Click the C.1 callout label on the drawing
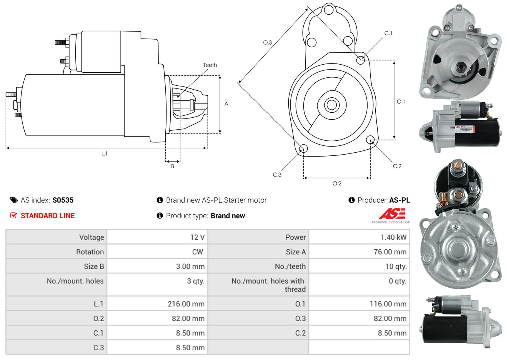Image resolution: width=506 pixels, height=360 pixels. [388, 33]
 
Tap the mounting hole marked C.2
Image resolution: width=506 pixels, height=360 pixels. [370, 139]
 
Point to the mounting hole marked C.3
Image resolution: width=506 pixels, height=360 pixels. [303, 148]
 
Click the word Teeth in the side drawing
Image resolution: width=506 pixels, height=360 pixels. [210, 65]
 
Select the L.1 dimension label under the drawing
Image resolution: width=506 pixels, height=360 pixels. [104, 153]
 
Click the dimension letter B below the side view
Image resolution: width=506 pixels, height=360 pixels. [173, 166]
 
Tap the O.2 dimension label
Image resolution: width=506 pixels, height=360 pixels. [337, 183]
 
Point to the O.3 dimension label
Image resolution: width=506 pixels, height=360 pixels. [267, 43]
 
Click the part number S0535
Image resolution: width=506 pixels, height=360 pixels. [63, 200]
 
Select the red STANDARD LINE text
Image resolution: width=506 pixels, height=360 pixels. [48, 216]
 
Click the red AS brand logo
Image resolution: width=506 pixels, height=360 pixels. [392, 213]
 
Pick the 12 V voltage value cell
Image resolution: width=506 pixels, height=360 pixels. [197, 237]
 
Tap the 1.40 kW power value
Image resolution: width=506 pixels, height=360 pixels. [393, 237]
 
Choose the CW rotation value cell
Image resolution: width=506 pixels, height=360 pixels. [198, 252]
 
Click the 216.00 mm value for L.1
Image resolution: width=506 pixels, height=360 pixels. [186, 304]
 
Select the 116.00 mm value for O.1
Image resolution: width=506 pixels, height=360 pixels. [388, 304]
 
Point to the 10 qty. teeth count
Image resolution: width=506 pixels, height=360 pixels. [396, 267]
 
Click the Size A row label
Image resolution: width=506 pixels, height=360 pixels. [296, 252]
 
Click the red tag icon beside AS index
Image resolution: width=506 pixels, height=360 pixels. [14, 200]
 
